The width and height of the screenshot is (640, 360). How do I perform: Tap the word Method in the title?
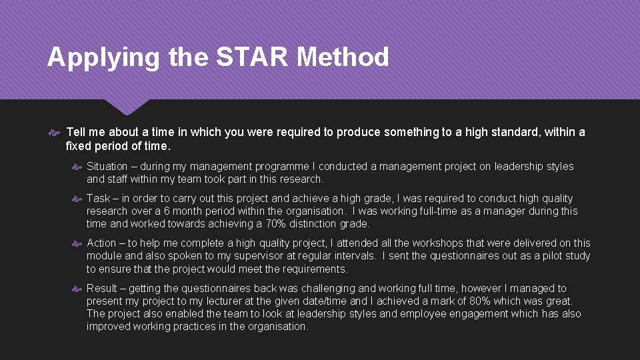[x=343, y=57]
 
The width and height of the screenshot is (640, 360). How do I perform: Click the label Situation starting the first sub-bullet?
[x=109, y=167]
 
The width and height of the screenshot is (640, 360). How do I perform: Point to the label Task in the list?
[x=98, y=199]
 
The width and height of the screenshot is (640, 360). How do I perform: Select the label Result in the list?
[x=102, y=289]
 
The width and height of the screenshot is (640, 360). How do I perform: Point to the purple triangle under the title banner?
[x=127, y=106]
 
